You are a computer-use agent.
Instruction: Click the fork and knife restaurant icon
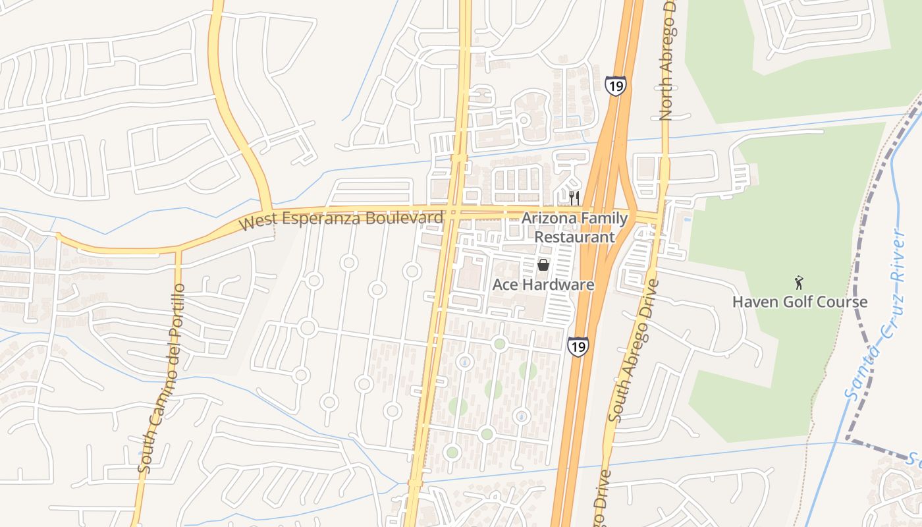click(574, 198)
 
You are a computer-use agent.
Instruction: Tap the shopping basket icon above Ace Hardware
click(543, 265)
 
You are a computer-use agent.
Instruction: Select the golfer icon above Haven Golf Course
click(800, 283)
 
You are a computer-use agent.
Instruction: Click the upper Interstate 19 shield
click(615, 86)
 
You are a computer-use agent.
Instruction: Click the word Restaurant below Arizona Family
click(574, 236)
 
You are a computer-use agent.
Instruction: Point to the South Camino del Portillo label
click(159, 379)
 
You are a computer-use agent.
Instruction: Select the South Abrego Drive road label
click(634, 350)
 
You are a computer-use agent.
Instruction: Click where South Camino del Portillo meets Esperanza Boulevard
click(178, 250)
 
